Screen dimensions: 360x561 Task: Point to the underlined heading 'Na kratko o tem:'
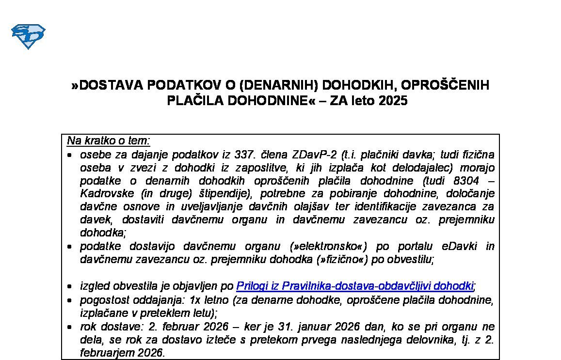109,141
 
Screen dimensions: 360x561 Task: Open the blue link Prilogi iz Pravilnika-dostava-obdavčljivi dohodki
354,286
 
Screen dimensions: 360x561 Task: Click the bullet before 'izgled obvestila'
71,286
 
